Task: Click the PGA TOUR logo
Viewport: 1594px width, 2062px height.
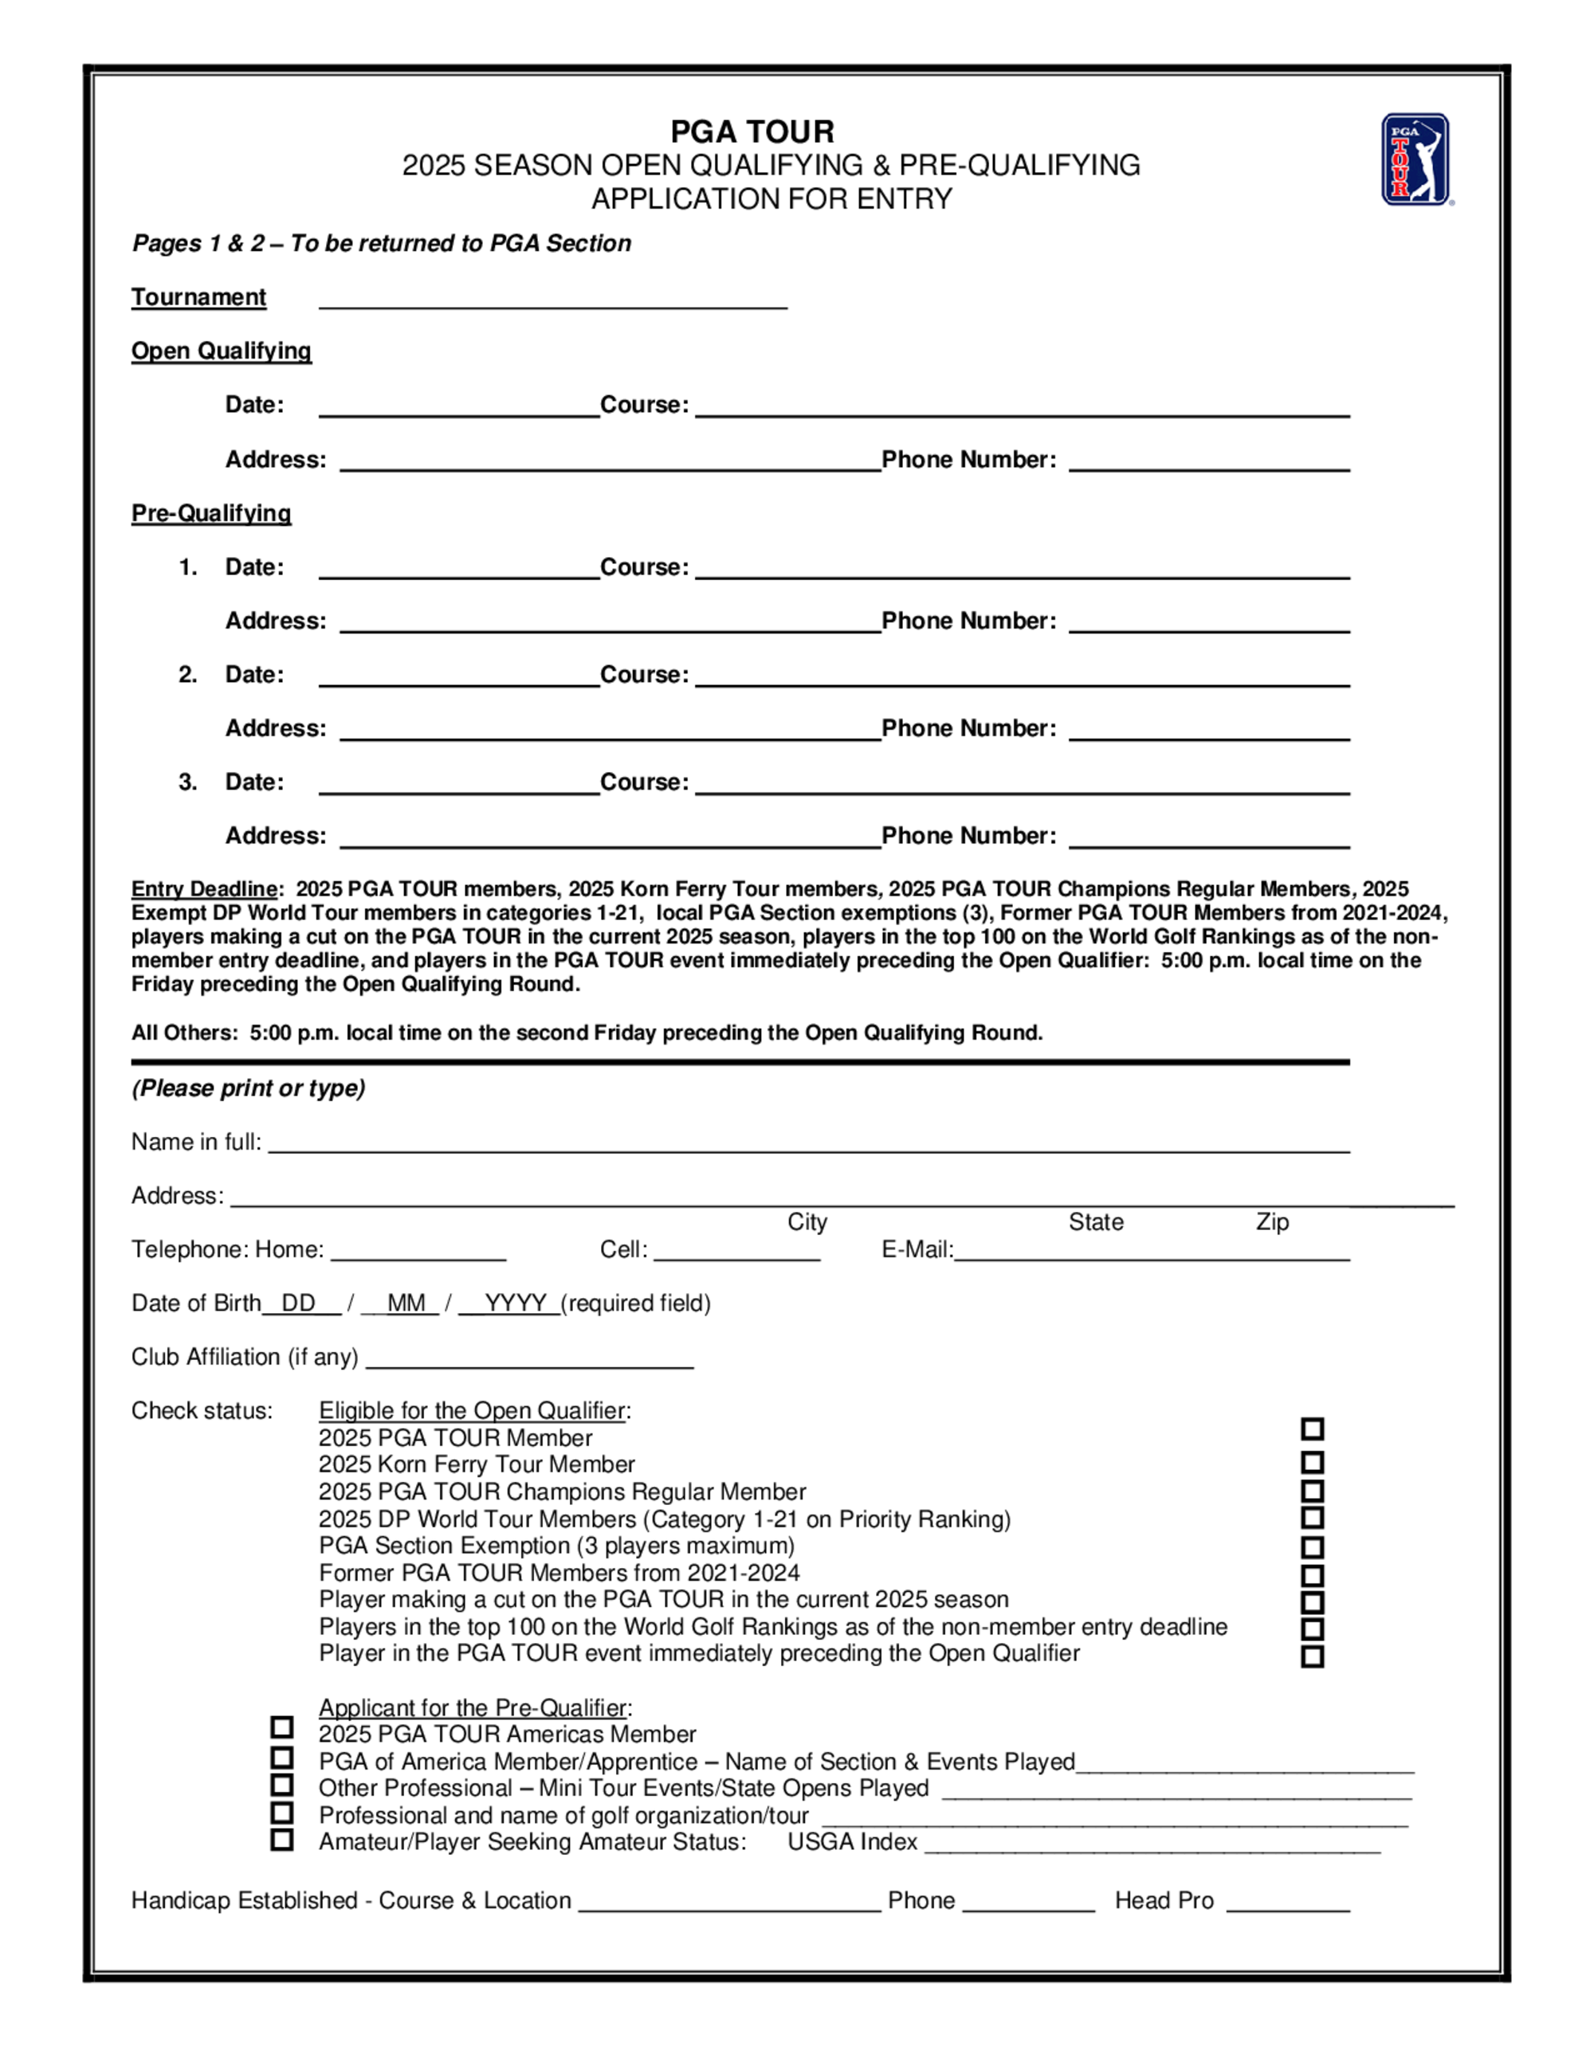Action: point(1415,159)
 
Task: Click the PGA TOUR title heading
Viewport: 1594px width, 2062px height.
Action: point(752,131)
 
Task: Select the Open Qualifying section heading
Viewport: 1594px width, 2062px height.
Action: point(221,351)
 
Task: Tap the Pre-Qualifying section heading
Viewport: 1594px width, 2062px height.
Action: point(210,514)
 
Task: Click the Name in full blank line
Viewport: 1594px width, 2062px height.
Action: point(808,1147)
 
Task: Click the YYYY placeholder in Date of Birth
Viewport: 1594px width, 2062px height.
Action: point(515,1303)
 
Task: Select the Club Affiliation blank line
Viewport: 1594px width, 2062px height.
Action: point(529,1362)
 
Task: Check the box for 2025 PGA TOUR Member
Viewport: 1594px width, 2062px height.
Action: point(1312,1429)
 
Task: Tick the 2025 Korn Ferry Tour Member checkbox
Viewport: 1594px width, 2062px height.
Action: point(1312,1464)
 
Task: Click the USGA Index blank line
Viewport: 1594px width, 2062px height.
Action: point(1152,1847)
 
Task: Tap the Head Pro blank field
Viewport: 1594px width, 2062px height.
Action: point(1288,1905)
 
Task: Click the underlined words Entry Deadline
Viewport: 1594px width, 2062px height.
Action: point(204,889)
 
